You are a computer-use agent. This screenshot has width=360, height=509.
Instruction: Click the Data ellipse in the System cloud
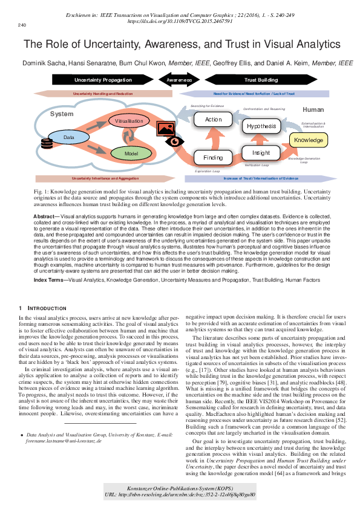pyautogui.click(x=68, y=138)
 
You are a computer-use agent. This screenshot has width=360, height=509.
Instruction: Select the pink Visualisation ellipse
pyautogui.click(x=129, y=121)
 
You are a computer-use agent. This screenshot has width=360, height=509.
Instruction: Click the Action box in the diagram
pyautogui.click(x=213, y=120)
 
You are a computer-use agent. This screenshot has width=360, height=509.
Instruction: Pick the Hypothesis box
pyautogui.click(x=261, y=126)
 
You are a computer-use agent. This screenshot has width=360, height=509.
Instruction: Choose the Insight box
pyautogui.click(x=261, y=153)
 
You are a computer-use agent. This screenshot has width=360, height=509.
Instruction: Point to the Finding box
pyautogui.click(x=212, y=158)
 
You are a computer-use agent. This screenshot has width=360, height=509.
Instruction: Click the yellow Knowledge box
pyautogui.click(x=308, y=140)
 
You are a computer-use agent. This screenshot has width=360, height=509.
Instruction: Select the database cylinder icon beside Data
pyautogui.click(x=46, y=143)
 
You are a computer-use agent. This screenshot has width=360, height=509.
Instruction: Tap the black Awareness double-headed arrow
pyautogui.click(x=179, y=79)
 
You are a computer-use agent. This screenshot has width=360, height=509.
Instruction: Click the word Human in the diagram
pyautogui.click(x=313, y=110)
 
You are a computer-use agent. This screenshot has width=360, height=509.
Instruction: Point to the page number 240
pyautogui.click(x=22, y=25)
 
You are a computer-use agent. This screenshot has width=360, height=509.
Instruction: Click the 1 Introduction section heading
pyautogui.click(x=38, y=308)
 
